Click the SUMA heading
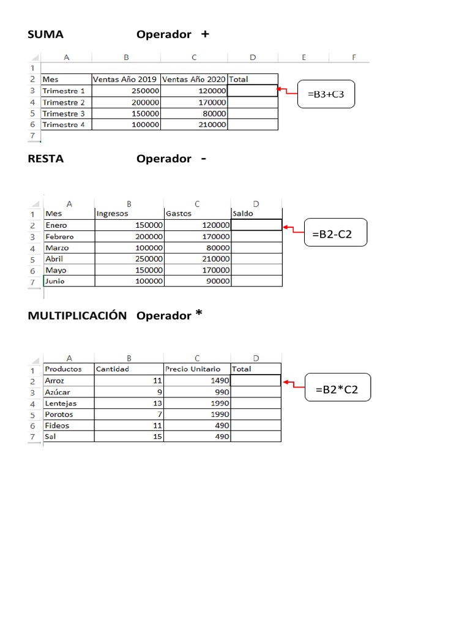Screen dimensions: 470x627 45,35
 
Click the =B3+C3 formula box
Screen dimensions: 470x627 326,94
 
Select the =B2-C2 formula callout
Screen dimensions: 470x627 335,233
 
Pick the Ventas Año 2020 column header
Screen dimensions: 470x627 193,79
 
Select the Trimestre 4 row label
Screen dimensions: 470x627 64,125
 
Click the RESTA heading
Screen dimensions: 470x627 45,159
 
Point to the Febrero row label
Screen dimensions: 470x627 59,236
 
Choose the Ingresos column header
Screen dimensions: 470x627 111,214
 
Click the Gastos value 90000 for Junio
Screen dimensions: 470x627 217,281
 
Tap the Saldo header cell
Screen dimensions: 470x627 242,214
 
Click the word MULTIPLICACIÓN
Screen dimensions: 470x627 77,316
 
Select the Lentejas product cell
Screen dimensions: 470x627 61,404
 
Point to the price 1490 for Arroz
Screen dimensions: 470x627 217,381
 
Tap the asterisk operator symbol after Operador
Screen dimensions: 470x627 198,314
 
